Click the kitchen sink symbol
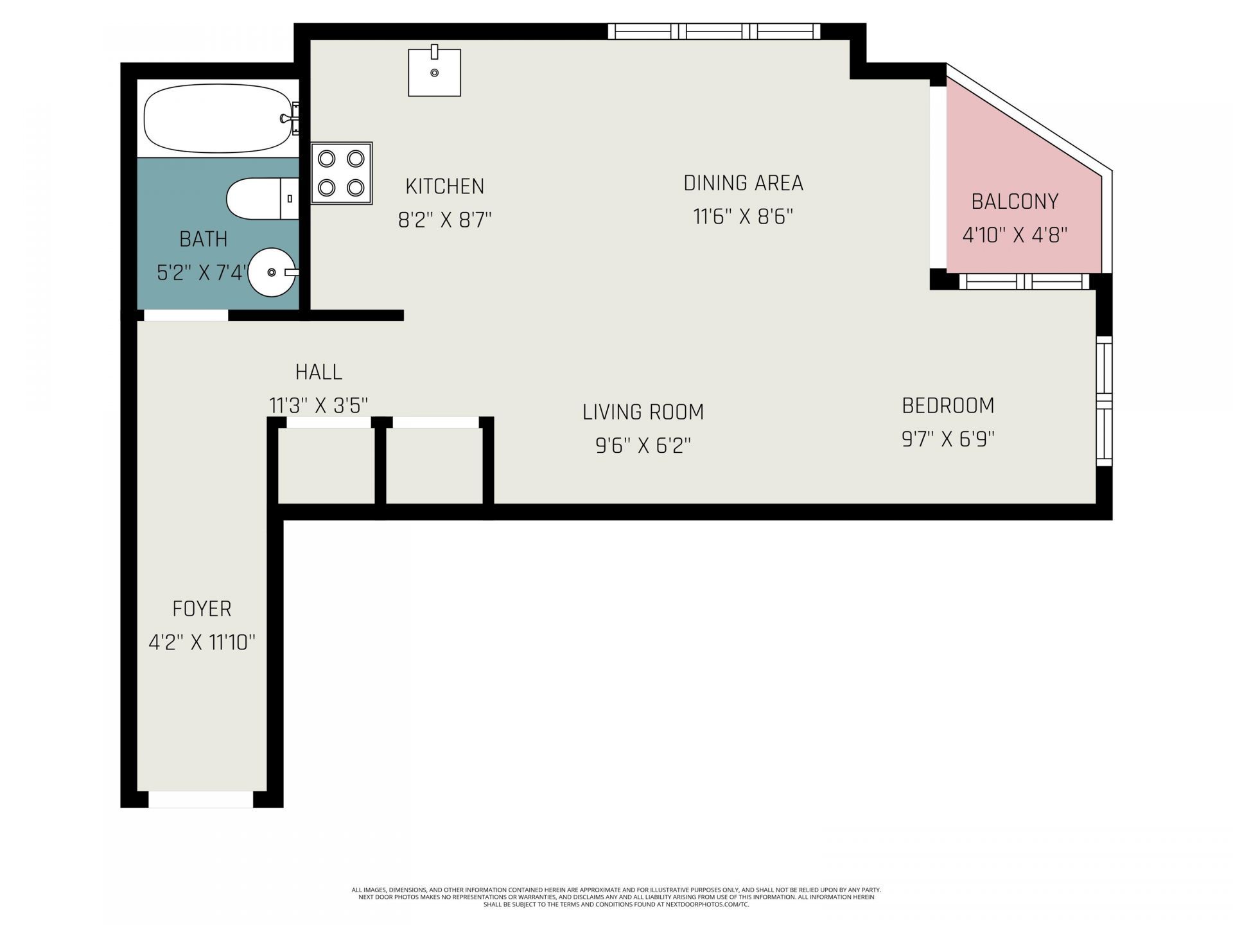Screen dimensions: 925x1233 tap(434, 73)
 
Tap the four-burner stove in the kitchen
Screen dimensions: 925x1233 tap(342, 173)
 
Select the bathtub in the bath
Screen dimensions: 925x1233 tap(218, 119)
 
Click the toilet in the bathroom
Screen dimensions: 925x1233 tap(263, 199)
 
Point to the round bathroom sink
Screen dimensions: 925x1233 tap(272, 272)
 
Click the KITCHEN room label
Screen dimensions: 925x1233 tap(444, 186)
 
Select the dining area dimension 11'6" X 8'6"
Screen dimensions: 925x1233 tap(743, 216)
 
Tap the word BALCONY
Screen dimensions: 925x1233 tap(1015, 202)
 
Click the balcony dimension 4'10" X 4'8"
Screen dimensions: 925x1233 tap(1015, 235)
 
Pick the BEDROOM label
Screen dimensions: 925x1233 tap(948, 405)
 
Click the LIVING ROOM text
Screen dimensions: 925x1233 tap(643, 412)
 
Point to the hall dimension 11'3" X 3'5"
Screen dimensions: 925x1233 tap(319, 405)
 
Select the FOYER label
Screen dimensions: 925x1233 tap(202, 608)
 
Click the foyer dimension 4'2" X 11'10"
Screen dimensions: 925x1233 tap(202, 642)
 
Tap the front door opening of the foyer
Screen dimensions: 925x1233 tap(201, 799)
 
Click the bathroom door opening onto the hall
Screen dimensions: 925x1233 tap(186, 315)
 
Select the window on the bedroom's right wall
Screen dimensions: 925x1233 tap(1103, 401)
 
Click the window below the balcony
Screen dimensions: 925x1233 tap(1025, 281)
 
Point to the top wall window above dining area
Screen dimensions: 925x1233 tap(714, 31)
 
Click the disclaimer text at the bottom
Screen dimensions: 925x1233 tap(616, 897)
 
